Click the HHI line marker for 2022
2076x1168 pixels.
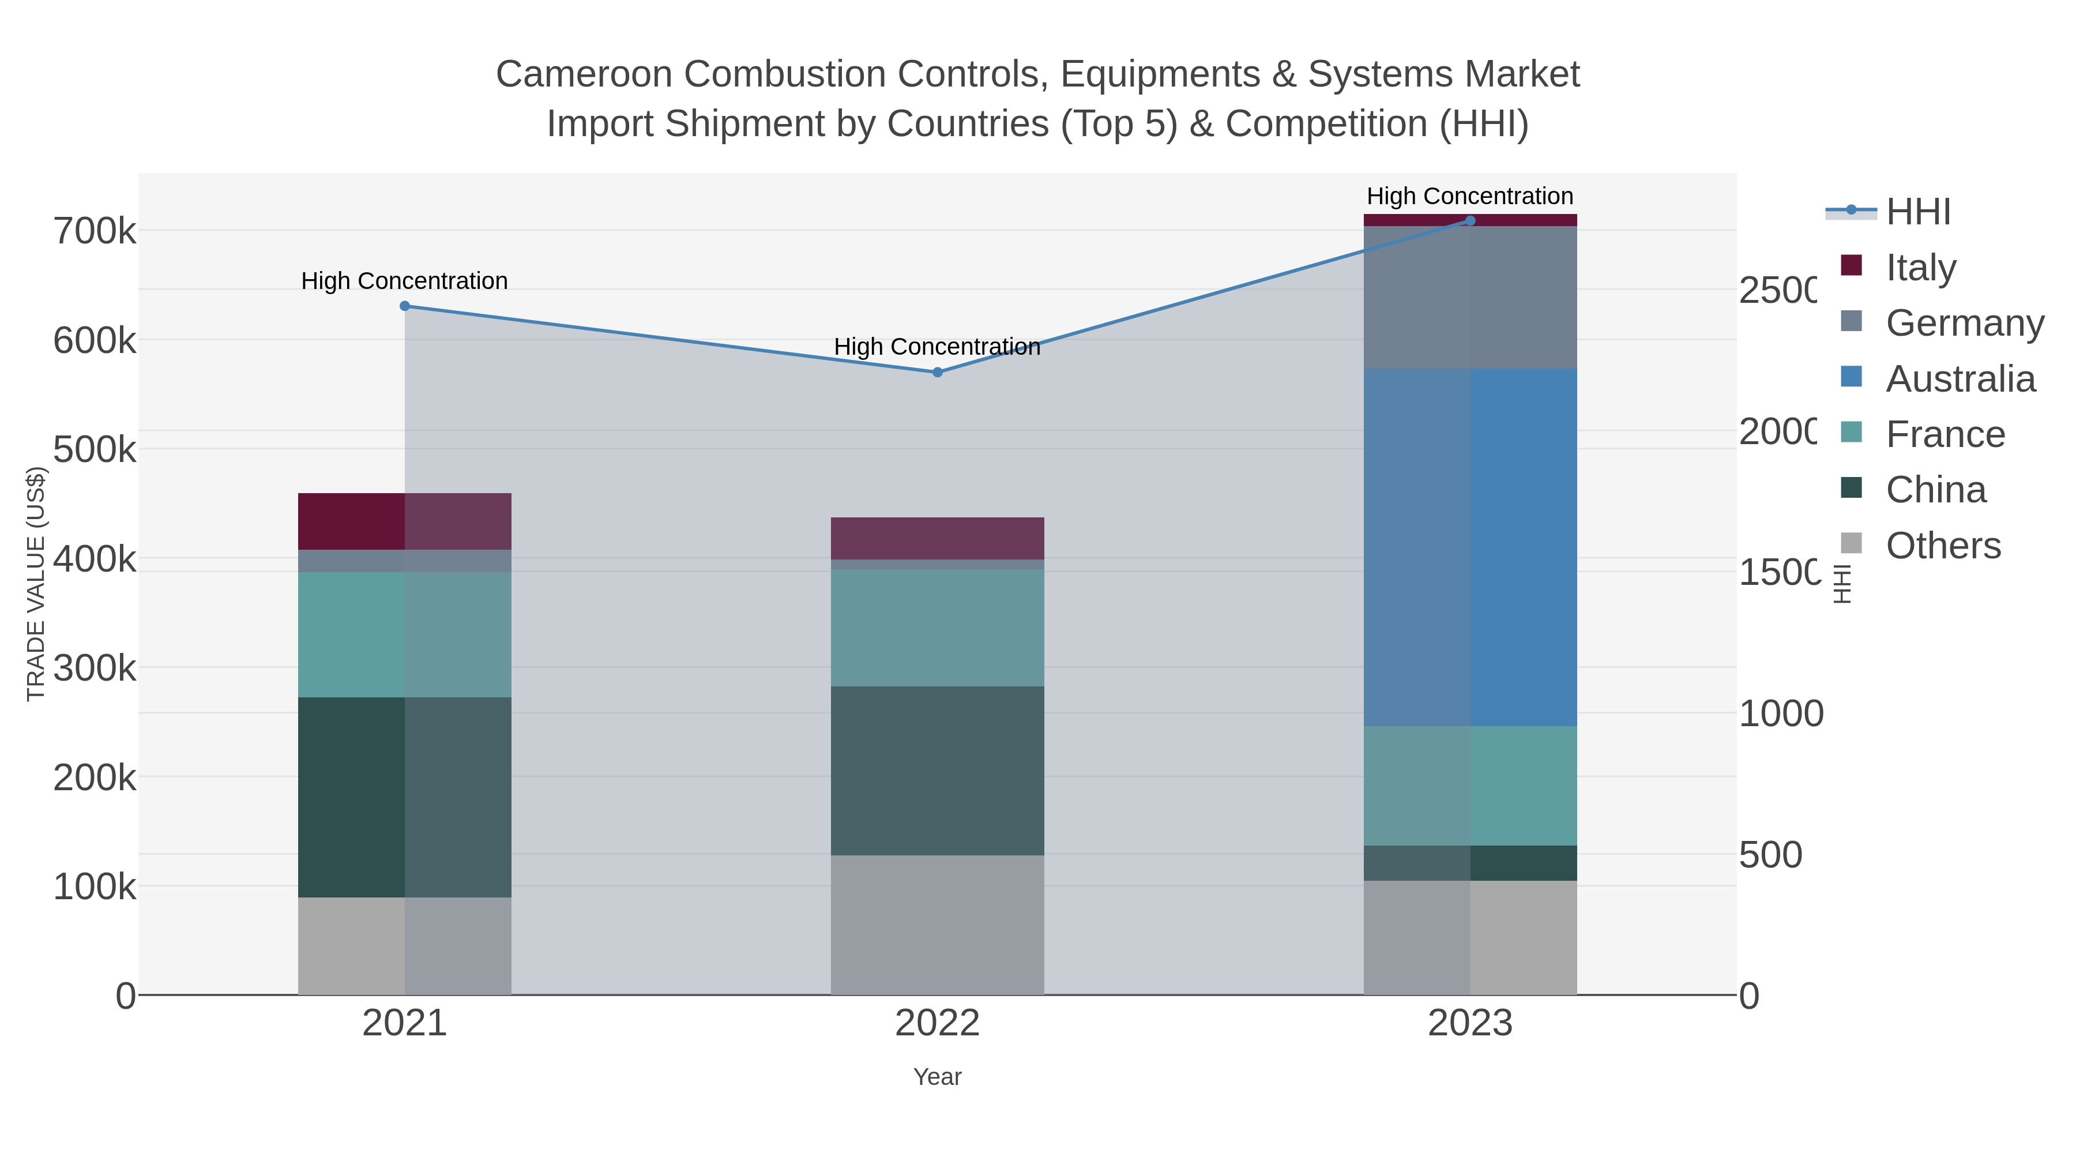[937, 373]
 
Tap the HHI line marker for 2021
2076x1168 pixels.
[405, 306]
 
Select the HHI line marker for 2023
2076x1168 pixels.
[1470, 221]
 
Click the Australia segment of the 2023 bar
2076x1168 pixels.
[1470, 548]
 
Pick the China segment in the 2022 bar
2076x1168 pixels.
[937, 771]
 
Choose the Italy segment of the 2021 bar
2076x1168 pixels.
[405, 521]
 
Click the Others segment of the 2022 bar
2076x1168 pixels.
[937, 925]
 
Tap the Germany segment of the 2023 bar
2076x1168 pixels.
[1470, 298]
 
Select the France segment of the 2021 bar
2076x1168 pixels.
[405, 634]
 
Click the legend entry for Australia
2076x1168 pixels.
[1960, 379]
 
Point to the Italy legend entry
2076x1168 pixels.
[1920, 268]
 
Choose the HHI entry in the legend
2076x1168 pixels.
[1918, 212]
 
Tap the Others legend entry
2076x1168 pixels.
[1942, 546]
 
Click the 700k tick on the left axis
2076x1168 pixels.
[95, 232]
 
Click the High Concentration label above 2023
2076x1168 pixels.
[1470, 196]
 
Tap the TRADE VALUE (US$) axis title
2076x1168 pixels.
[36, 584]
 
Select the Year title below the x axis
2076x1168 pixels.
[937, 1077]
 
